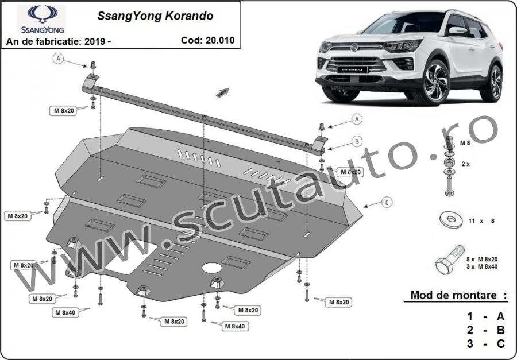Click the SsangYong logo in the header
(41, 19)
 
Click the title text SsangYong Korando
(155, 16)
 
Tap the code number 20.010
(220, 40)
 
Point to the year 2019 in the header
(95, 41)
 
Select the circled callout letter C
(387, 202)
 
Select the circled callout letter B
(357, 142)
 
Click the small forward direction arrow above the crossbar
(222, 92)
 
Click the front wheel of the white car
(437, 83)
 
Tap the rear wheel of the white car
(492, 83)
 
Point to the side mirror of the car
(456, 31)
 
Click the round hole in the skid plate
(211, 268)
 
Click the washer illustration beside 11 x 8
(451, 219)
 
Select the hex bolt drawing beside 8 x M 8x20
(450, 260)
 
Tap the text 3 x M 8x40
(482, 266)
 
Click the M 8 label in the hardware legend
(465, 143)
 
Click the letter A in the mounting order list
(500, 316)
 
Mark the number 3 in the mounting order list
(470, 344)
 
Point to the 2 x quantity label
(465, 164)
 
